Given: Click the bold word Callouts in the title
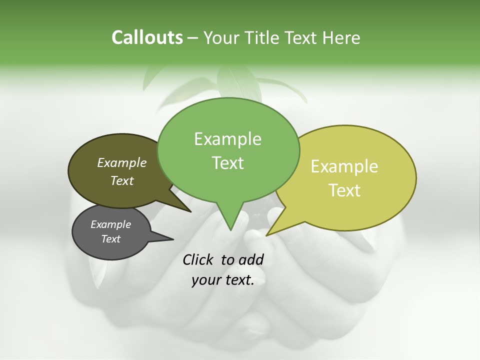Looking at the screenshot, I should coord(147,37).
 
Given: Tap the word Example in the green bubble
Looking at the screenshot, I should coord(227,139).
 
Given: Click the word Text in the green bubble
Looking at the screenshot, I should coord(227,162).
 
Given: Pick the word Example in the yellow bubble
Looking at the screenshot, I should coord(344,166).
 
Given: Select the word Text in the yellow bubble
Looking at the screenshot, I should coord(344,190).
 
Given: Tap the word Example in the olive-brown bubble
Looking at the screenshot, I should coord(121,162).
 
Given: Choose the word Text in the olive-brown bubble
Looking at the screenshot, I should coord(121,180).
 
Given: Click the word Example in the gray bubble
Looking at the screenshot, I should coord(110,224).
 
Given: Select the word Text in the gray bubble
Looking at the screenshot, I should coord(110,239).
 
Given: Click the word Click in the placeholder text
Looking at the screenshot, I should coord(199,259).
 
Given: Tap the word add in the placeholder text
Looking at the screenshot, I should coord(251,259).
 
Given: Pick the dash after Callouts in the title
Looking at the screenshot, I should coord(192,38).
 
